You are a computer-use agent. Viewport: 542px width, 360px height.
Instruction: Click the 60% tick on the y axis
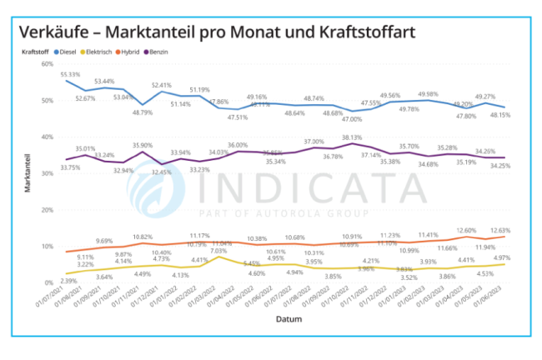point(48,64)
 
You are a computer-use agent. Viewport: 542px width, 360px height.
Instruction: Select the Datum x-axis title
point(290,318)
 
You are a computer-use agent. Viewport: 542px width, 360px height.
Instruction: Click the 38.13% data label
point(353,137)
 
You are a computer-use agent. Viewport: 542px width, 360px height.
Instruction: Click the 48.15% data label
point(508,115)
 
